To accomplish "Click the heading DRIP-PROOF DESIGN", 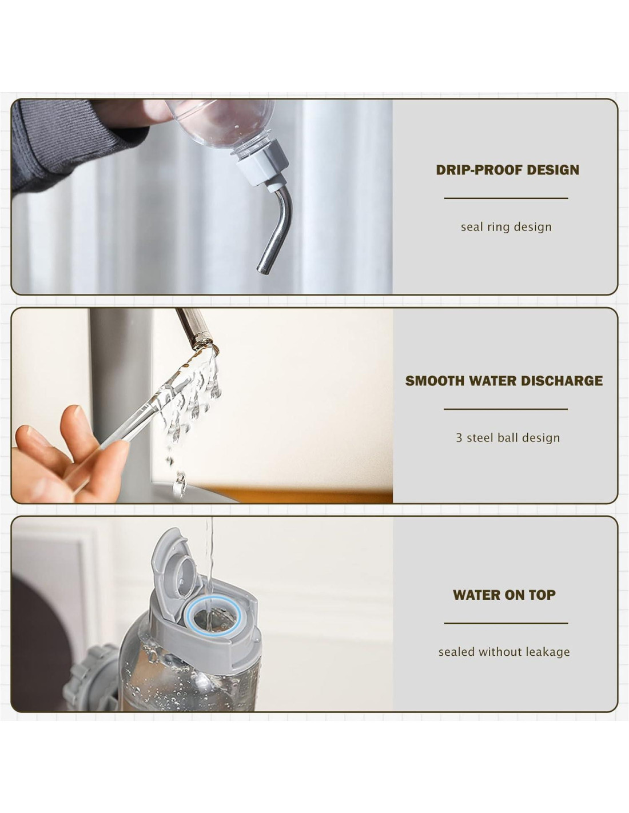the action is (507, 170).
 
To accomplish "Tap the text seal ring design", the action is (506, 227).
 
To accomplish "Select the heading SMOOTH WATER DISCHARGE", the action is (504, 381).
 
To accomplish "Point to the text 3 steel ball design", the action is (508, 437).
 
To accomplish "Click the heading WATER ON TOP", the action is (504, 595).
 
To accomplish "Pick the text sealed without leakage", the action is (504, 652).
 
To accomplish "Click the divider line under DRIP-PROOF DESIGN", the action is (506, 198).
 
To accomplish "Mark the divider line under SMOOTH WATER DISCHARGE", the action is (505, 409).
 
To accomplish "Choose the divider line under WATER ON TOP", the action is (506, 623).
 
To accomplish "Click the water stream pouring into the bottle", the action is (209, 565).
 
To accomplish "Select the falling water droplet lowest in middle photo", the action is (179, 485).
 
